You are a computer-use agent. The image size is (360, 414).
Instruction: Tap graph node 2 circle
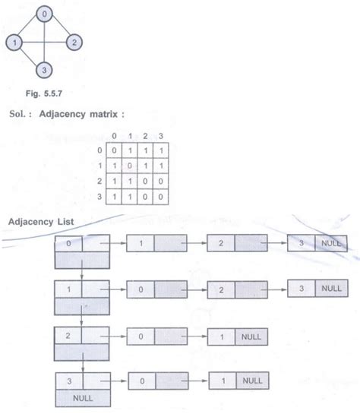(x=74, y=43)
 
